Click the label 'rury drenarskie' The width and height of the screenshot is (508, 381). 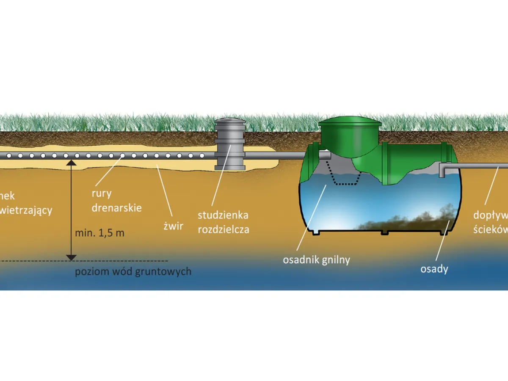tap(116, 201)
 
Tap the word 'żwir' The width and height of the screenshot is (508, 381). tap(174, 226)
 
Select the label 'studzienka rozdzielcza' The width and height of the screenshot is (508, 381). tap(223, 222)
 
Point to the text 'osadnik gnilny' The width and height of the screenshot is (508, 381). tap(316, 260)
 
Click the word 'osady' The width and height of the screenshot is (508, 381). tap(434, 269)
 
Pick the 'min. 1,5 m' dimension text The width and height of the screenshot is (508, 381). tap(99, 233)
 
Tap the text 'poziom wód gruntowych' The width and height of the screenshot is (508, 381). tap(133, 271)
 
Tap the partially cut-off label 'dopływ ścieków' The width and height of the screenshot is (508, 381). tap(491, 222)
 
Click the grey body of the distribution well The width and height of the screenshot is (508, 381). tap(230, 148)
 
